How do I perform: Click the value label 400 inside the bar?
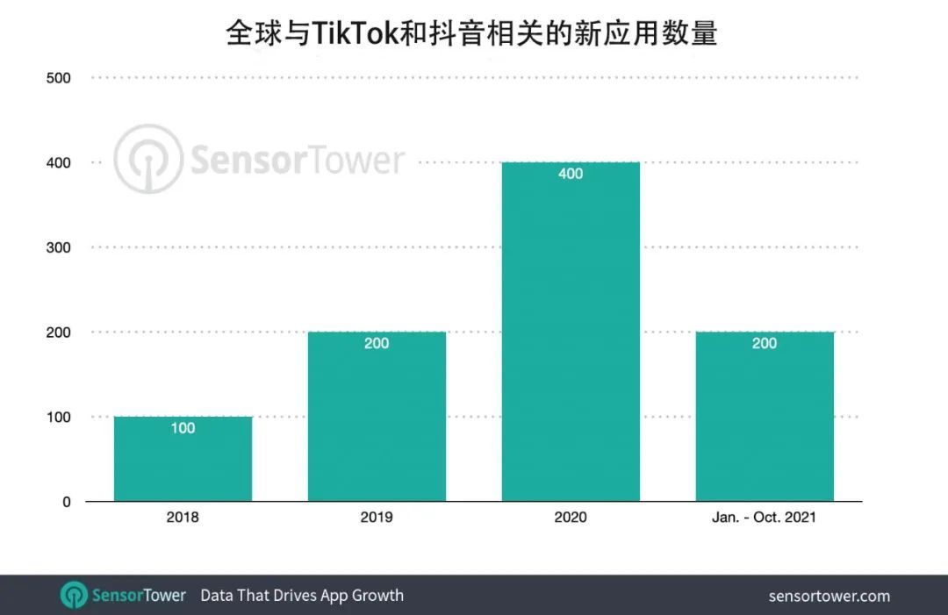[571, 174]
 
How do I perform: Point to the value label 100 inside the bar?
[183, 428]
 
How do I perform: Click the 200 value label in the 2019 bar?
[377, 343]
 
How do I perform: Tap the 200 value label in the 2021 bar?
[765, 343]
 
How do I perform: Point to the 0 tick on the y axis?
[66, 502]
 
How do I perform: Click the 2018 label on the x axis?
[183, 518]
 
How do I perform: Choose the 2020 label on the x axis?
[571, 518]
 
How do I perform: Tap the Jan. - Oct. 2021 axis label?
[765, 518]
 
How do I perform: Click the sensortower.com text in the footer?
[829, 596]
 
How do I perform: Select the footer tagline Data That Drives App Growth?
[302, 595]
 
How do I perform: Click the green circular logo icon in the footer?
[74, 595]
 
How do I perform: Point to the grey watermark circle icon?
[147, 160]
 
